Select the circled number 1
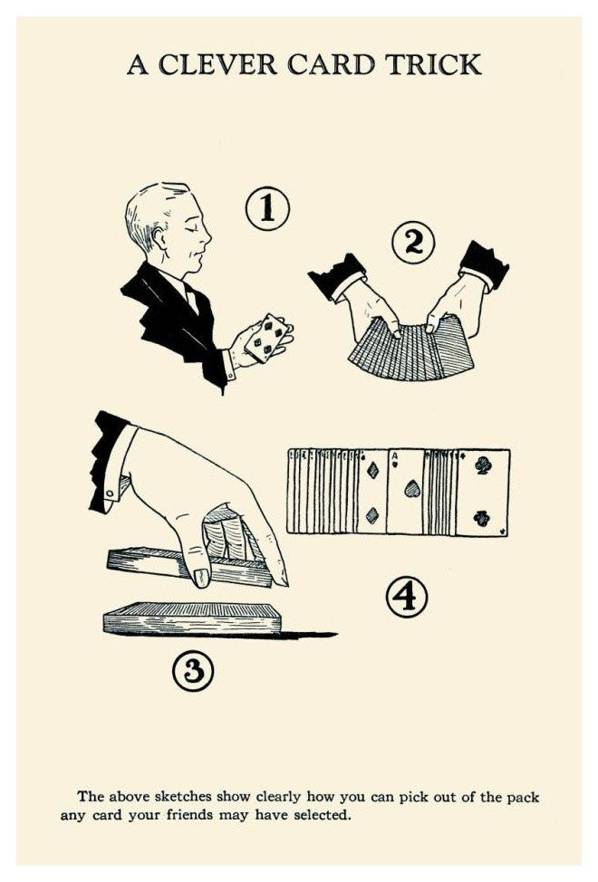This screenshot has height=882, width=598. pos(267,208)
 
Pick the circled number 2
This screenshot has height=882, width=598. pos(413,243)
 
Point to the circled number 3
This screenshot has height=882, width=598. pos(193,671)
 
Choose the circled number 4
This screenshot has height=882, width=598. pos(406,598)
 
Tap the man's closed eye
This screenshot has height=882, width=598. pos(194,230)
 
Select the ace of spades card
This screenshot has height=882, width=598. pos(405,491)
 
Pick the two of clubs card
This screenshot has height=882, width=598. pos(482,493)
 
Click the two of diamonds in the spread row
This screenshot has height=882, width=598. pos(371,491)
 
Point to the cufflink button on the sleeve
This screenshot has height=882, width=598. pos(110,494)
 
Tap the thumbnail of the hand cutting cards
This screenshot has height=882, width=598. pos(201,577)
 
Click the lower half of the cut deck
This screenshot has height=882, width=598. pos(192,618)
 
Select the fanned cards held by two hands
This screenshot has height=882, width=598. pos(411,348)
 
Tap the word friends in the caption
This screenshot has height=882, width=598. pos(187,815)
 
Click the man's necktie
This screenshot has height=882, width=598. pos(191,298)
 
